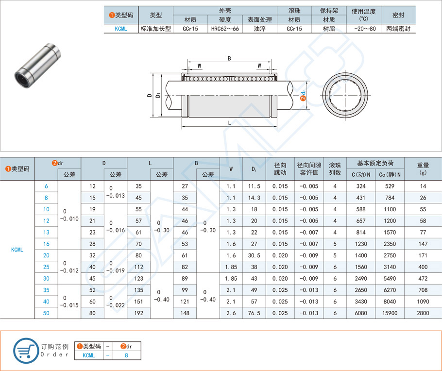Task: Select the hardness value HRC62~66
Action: [x=224, y=29]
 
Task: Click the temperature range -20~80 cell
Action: [x=364, y=29]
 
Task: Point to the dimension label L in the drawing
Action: [x=229, y=123]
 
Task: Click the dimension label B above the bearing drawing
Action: [x=229, y=58]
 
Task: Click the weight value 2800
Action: [x=423, y=313]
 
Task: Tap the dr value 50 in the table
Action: [x=47, y=313]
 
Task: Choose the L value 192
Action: [x=138, y=313]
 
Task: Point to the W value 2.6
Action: [x=231, y=313]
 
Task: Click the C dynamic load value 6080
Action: [x=361, y=313]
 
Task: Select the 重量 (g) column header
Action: [x=423, y=169]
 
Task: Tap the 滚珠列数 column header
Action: [x=335, y=169]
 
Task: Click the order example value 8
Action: [x=126, y=355]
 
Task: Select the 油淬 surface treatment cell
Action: [x=259, y=29]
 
